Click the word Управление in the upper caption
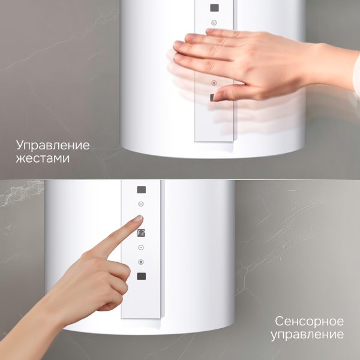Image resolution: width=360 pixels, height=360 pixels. [x=53, y=145]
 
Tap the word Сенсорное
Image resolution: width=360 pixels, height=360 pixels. [x=310, y=321]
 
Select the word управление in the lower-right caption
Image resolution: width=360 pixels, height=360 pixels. [x=307, y=334]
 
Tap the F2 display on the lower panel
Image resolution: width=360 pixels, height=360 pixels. [x=141, y=234]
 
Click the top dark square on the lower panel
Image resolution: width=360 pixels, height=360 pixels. [x=141, y=189]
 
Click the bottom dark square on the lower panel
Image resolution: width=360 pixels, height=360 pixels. [x=141, y=276]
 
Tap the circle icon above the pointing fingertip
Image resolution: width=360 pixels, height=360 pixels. [x=141, y=204]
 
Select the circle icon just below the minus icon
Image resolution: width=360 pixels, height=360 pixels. [x=141, y=262]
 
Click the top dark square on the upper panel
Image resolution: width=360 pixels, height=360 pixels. [x=214, y=8]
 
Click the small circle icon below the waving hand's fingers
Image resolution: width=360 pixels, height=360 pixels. [x=214, y=83]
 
